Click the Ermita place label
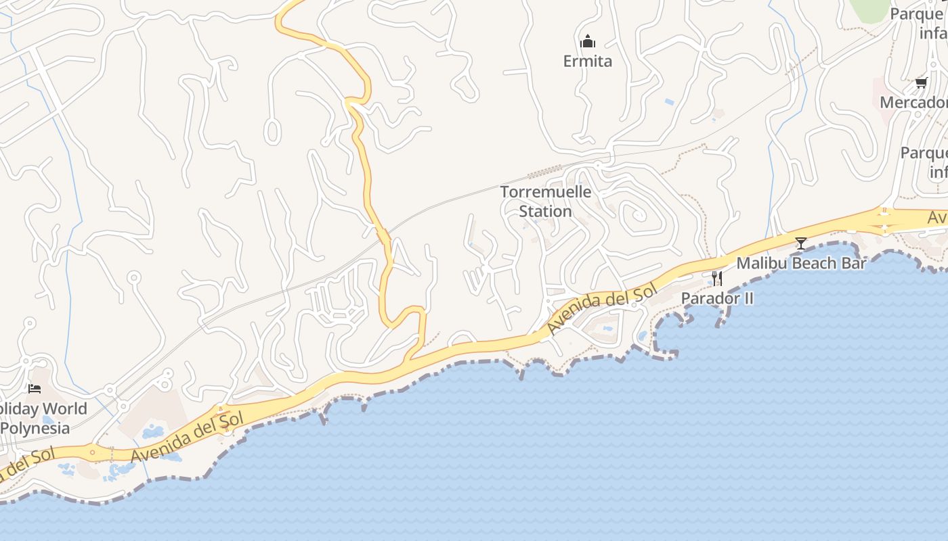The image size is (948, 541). pyautogui.click(x=587, y=62)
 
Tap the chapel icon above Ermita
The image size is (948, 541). pyautogui.click(x=588, y=41)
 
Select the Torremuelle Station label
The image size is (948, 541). pyautogui.click(x=546, y=202)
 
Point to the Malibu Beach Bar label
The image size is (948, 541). pyautogui.click(x=801, y=263)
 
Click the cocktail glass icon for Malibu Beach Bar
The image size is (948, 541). pyautogui.click(x=801, y=243)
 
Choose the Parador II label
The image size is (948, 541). pyautogui.click(x=717, y=298)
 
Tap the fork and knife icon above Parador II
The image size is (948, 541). pyautogui.click(x=717, y=278)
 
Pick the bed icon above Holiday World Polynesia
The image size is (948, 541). pyautogui.click(x=35, y=389)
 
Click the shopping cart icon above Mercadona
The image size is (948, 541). pyautogui.click(x=921, y=83)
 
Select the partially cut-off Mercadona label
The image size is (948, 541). pyautogui.click(x=914, y=103)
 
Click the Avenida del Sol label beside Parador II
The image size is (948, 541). pyautogui.click(x=601, y=310)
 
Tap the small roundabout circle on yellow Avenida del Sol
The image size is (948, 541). pyautogui.click(x=93, y=451)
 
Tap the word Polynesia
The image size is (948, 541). pyautogui.click(x=35, y=428)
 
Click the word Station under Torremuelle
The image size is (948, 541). pyautogui.click(x=546, y=212)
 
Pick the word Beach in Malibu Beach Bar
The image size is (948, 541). pyautogui.click(x=802, y=263)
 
